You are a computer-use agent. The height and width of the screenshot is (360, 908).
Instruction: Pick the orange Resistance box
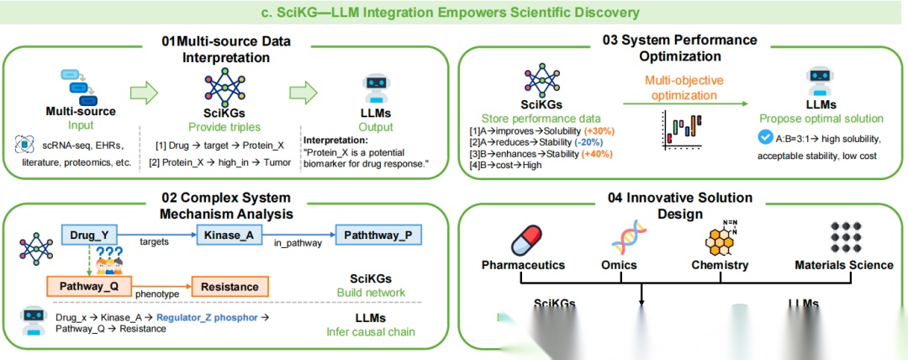230,287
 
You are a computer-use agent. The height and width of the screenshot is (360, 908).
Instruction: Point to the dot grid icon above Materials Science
844,238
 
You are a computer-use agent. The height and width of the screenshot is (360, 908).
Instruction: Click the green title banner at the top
454,13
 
